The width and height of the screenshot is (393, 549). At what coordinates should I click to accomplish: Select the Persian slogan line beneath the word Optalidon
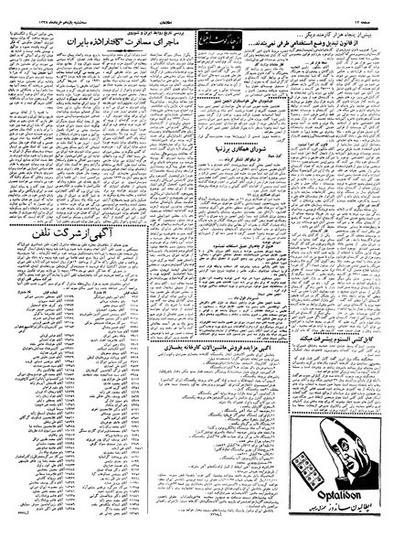(x=330, y=535)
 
